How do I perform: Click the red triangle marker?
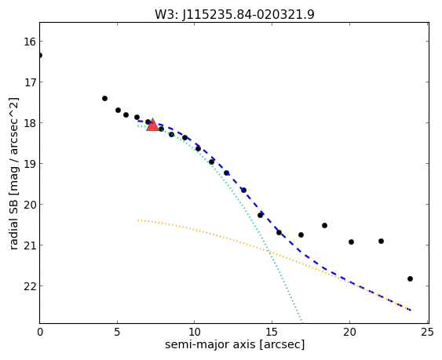152,125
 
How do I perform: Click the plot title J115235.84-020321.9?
248,14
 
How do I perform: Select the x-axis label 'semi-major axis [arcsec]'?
235,344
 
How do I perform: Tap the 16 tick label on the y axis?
29,42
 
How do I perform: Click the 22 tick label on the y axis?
29,286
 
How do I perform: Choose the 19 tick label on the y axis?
29,164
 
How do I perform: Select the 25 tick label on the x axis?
427,333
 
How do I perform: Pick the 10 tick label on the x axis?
194,333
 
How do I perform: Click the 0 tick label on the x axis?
40,333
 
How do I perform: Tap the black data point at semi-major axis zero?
40,55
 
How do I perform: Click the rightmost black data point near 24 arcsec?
410,279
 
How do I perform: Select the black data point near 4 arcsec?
104,98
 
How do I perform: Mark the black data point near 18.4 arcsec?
324,225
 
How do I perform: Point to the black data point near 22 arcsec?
381,241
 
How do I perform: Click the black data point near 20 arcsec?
351,242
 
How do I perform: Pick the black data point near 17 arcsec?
301,235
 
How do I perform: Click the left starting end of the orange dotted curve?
138,220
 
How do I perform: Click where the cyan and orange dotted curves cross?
268,251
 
